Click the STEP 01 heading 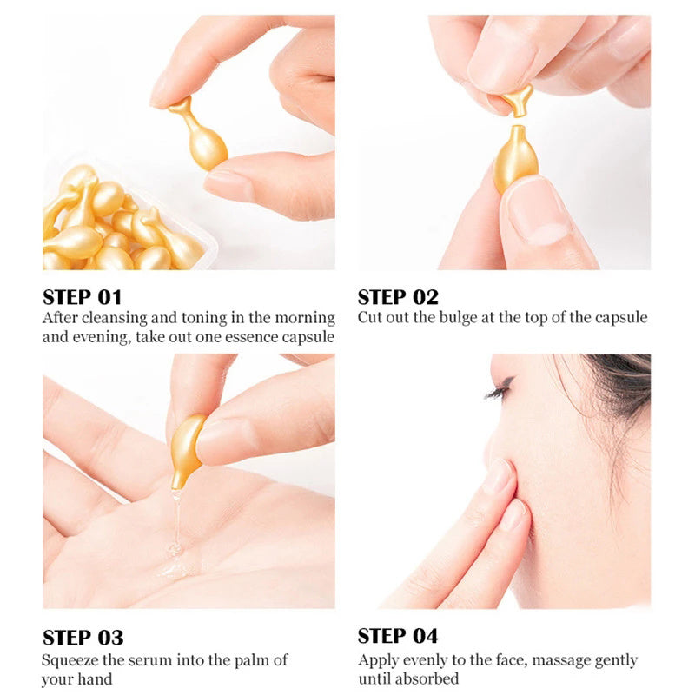[x=83, y=296]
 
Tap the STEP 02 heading [x=398, y=296]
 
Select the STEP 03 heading [x=83, y=638]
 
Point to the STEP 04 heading [x=398, y=636]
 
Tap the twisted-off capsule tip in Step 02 [x=518, y=99]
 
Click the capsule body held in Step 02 [x=514, y=156]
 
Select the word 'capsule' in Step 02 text [x=620, y=318]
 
